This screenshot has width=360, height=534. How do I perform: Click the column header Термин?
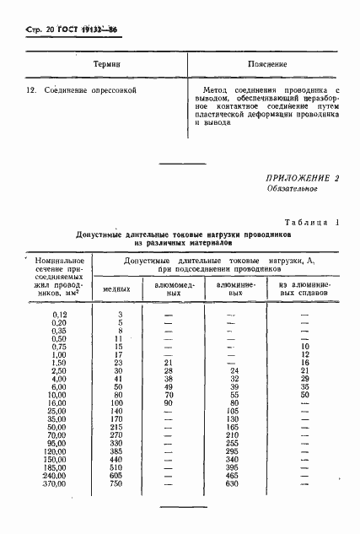click(106, 64)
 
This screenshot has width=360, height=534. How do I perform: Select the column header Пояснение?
click(267, 64)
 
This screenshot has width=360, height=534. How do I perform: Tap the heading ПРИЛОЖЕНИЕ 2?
click(302, 178)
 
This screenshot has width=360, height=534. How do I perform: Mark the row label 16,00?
click(56, 402)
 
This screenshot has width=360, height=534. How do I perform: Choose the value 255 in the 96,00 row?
click(234, 443)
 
